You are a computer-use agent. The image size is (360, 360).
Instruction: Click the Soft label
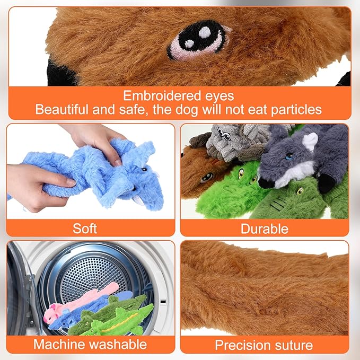(85, 229)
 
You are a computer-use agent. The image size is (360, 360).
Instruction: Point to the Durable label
(265, 229)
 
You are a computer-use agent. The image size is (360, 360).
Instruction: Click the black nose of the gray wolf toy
(263, 183)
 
